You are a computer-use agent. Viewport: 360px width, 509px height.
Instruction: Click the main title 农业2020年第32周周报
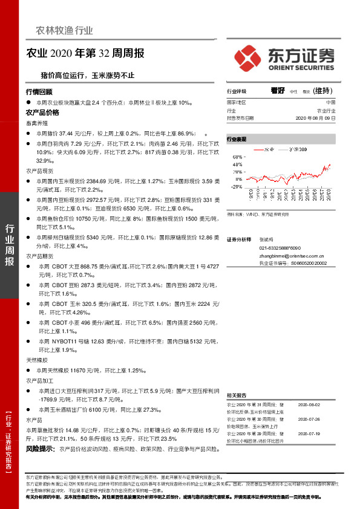pos(85,53)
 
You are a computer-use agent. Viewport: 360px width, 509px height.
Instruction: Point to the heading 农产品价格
pos(42,112)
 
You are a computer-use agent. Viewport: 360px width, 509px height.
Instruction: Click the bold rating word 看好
pos(278,91)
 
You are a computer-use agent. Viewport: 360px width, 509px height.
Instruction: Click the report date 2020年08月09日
pos(316,118)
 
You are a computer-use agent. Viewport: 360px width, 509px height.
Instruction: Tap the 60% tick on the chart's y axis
pos(238,157)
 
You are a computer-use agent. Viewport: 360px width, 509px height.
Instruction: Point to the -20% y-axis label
pos(237,186)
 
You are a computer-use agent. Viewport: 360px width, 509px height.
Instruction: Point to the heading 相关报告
pos(237,394)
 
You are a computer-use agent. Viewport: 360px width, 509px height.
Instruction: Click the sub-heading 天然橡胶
pos(36,360)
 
